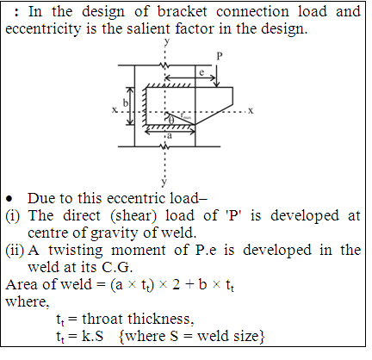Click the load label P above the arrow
point(220,56)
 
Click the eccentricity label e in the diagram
point(201,72)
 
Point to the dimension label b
point(126,102)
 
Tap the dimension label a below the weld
point(170,135)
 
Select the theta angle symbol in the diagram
point(171,120)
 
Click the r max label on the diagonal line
point(185,115)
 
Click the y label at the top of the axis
point(167,41)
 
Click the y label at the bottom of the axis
point(164,182)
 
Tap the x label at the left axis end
point(115,109)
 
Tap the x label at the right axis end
point(251,110)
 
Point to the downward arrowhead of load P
point(217,84)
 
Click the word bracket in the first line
point(182,12)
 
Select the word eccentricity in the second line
point(43,29)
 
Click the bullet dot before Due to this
point(9,199)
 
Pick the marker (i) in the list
point(13,216)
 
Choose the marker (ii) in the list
point(15,251)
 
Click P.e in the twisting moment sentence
point(206,250)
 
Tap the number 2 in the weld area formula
point(177,284)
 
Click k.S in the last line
point(92,336)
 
